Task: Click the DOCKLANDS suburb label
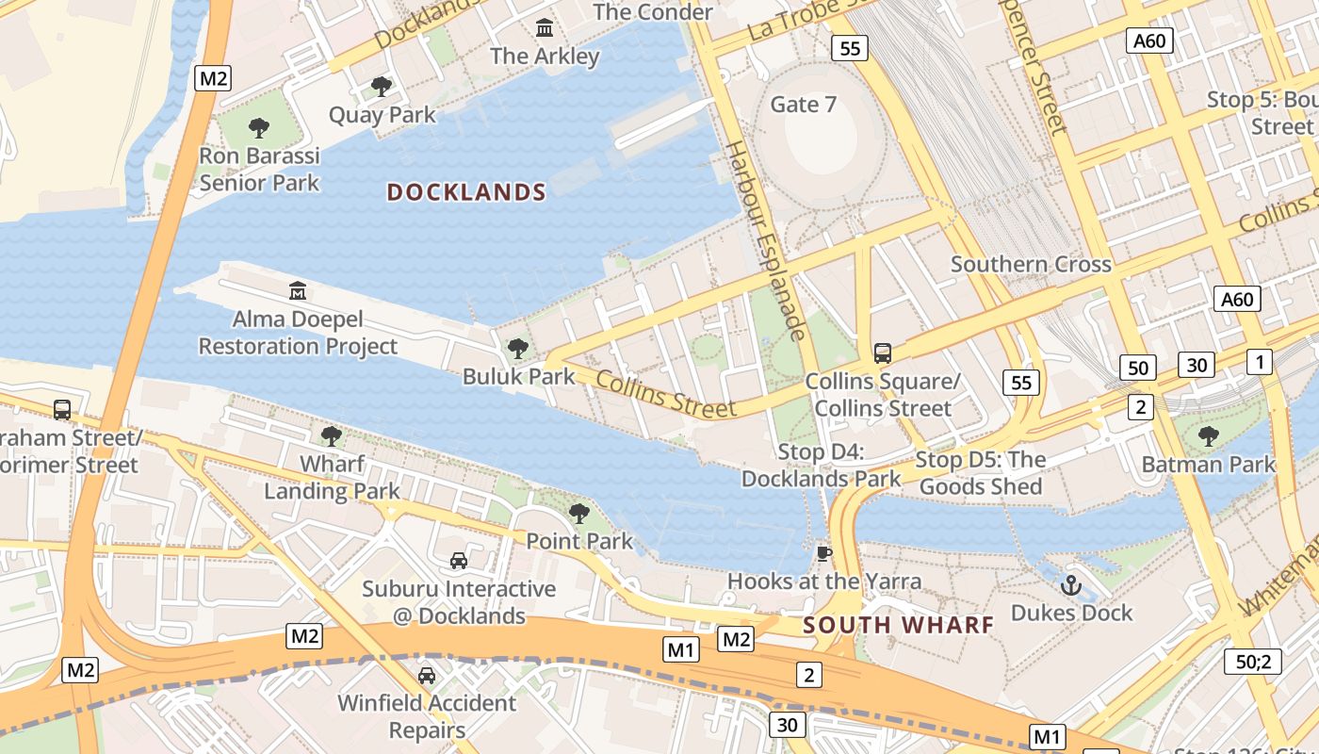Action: pos(466,192)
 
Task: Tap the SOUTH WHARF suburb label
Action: pos(899,625)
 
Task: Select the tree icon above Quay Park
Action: pos(382,87)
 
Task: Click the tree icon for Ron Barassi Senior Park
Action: pos(259,127)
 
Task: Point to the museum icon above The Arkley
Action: pos(545,28)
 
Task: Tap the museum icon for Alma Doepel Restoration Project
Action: pos(298,289)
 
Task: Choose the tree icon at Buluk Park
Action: pos(518,349)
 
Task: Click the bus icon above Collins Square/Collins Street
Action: pos(883,353)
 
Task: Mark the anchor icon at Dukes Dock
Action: pos(1070,585)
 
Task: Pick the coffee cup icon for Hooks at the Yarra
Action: pos(824,553)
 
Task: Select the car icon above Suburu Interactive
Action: pos(459,561)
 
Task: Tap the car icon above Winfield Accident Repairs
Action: pos(427,675)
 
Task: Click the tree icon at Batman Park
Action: pos(1209,435)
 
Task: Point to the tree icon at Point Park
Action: pos(579,514)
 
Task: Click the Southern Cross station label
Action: pos(1031,265)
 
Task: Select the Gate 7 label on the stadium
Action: pos(804,104)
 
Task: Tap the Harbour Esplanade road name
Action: pos(767,240)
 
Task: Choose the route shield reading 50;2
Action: pos(1253,661)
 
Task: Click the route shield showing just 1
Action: pos(1259,361)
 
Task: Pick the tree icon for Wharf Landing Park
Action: pos(331,435)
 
